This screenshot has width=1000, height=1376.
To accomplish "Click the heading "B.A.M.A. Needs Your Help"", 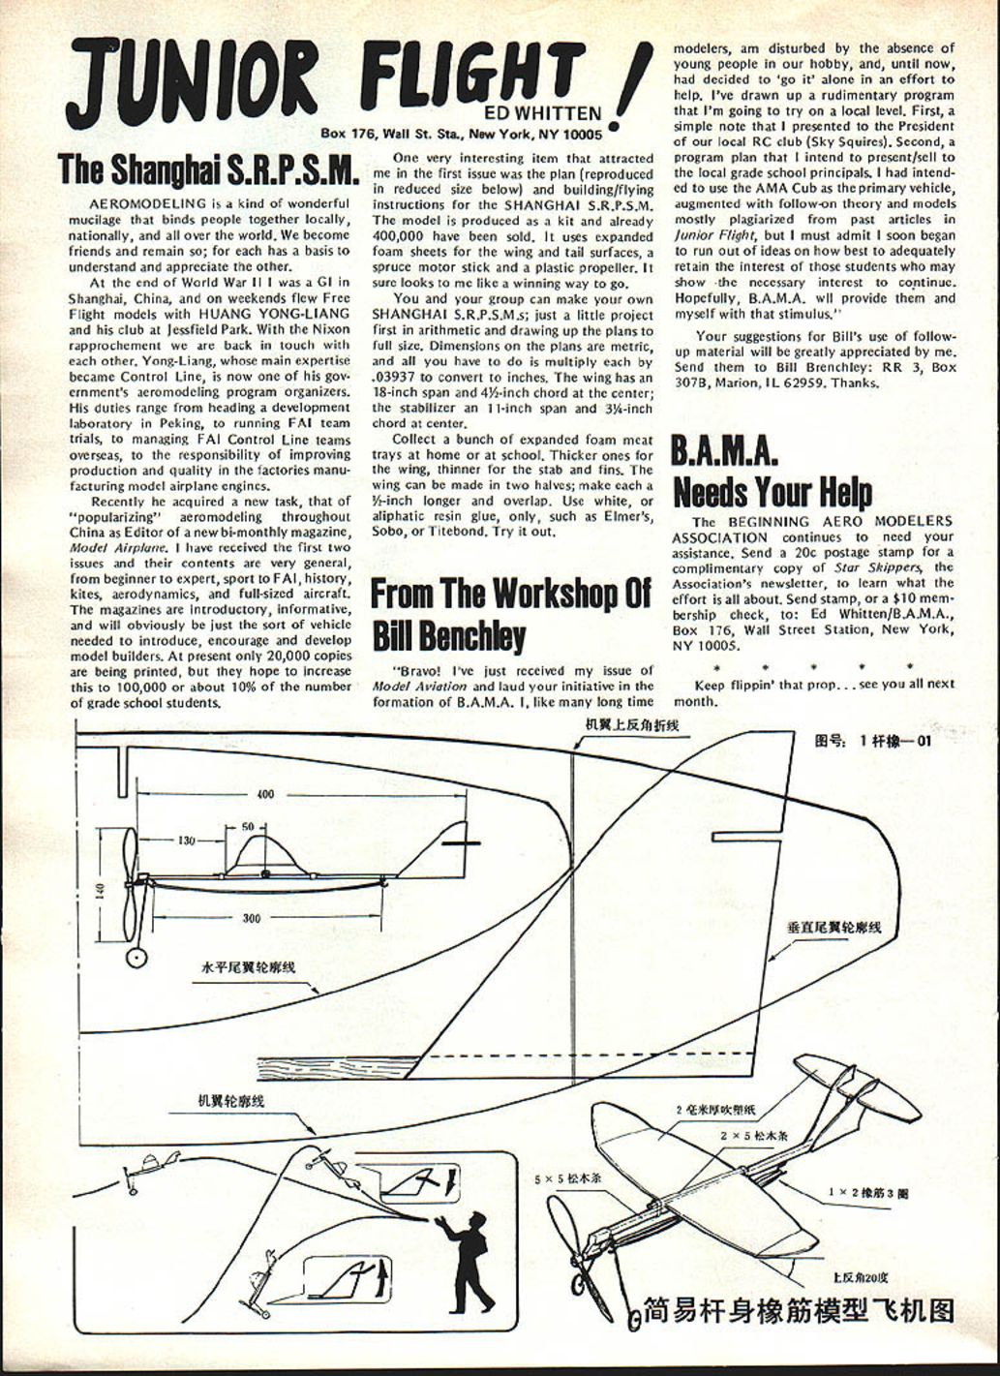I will [772, 472].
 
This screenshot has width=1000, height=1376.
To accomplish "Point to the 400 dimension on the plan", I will [264, 794].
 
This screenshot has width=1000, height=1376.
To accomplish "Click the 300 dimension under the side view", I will [252, 918].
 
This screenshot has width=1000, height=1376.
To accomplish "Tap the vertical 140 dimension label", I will [100, 889].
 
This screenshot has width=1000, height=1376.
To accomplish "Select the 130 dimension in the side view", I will [186, 840].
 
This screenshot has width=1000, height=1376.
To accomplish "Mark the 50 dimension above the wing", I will [248, 827].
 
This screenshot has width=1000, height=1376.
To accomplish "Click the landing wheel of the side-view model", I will [137, 957].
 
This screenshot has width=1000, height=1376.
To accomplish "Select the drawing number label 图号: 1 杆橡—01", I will [873, 742].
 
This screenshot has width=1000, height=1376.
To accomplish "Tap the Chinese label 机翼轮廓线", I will [231, 1101].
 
